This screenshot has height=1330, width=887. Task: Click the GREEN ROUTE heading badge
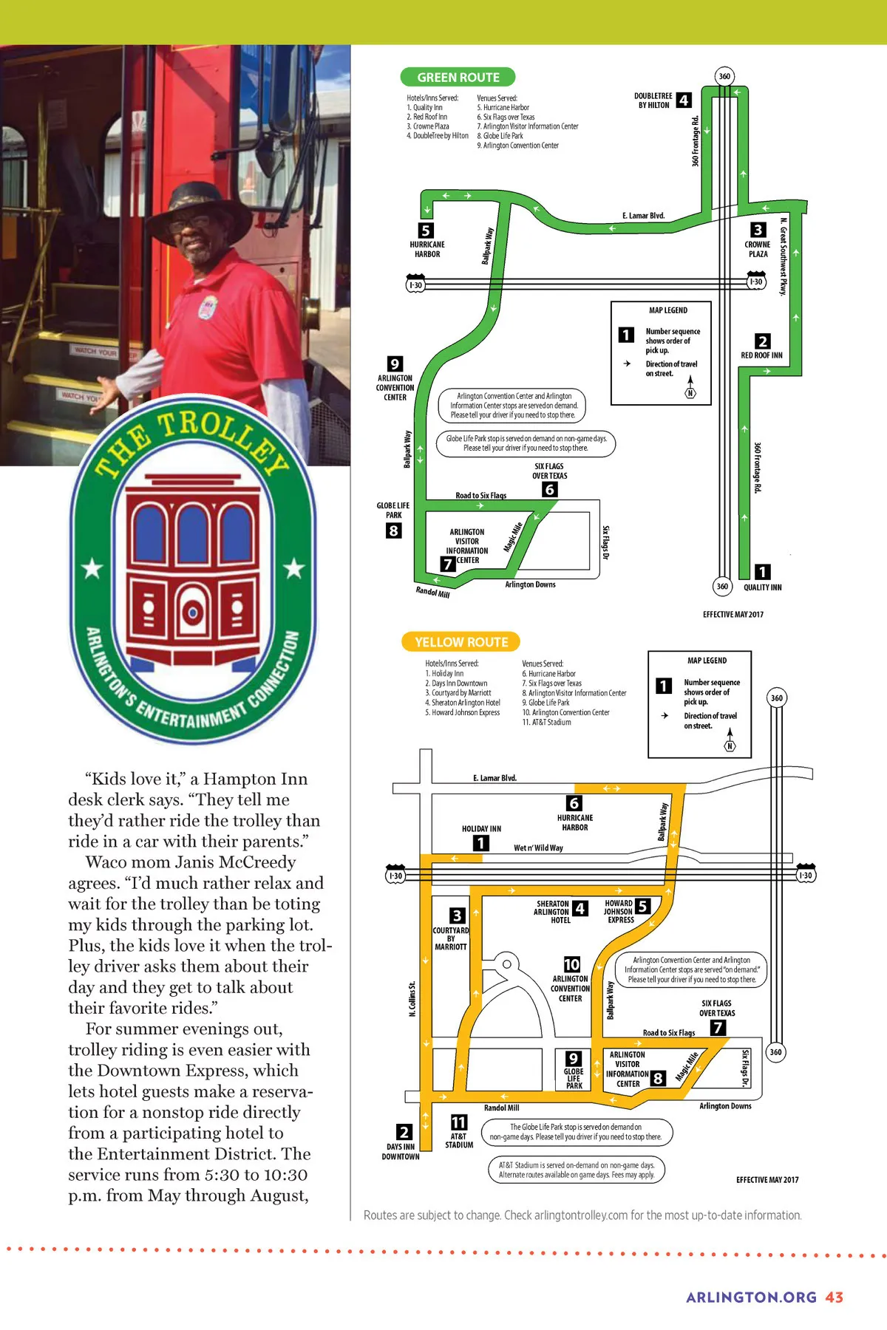tap(458, 77)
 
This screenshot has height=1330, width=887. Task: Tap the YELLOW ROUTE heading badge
tap(461, 642)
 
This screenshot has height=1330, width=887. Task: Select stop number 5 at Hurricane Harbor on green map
tap(426, 231)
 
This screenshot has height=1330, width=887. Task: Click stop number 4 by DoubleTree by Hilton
tap(684, 100)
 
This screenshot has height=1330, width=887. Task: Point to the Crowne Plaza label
tap(758, 249)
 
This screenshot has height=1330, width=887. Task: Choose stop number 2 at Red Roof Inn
tap(762, 341)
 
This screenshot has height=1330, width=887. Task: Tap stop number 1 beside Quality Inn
tap(762, 572)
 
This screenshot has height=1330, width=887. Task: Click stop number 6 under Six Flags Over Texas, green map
tap(549, 489)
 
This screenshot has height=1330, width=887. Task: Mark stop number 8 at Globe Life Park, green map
tap(394, 531)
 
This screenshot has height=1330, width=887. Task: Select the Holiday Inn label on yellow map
tap(481, 829)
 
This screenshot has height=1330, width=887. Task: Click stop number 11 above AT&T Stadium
tap(459, 1122)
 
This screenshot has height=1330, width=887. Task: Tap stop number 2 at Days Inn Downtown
tap(404, 1132)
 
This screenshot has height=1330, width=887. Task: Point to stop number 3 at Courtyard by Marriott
tap(458, 915)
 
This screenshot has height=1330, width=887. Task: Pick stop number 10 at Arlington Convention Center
tap(571, 964)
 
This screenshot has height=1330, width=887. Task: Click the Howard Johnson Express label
tap(619, 912)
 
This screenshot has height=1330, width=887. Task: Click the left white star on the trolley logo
tap(92, 568)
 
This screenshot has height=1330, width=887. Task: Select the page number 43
tap(835, 1297)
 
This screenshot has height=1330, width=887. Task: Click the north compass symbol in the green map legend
tap(690, 388)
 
